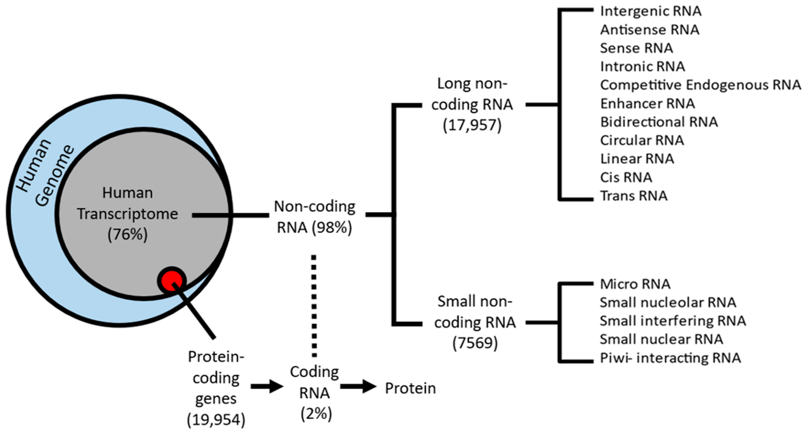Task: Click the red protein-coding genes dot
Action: point(171,280)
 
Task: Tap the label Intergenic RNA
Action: point(650,11)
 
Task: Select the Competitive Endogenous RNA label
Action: point(700,85)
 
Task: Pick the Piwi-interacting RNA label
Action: point(670,358)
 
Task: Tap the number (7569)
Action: point(475,343)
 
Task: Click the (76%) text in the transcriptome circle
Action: point(128,234)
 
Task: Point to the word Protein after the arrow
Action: point(410,388)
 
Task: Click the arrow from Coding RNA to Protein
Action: point(358,386)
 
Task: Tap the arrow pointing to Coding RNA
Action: point(267,386)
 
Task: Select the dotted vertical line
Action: point(314,306)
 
